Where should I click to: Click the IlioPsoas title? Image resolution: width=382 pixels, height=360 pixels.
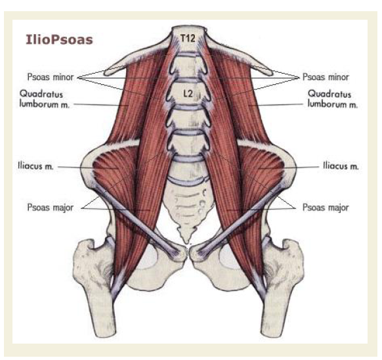click(x=59, y=39)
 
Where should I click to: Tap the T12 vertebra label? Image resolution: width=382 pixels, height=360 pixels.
click(x=188, y=38)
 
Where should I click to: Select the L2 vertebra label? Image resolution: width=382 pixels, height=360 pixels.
click(x=188, y=93)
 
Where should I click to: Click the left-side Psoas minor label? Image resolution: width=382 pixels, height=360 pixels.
click(x=50, y=77)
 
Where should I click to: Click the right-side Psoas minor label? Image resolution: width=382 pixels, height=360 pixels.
click(x=326, y=77)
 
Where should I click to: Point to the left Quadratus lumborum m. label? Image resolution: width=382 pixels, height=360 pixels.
click(x=45, y=99)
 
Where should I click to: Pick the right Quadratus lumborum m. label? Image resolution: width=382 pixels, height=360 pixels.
click(x=332, y=99)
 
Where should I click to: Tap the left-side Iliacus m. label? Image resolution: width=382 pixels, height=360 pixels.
click(x=35, y=166)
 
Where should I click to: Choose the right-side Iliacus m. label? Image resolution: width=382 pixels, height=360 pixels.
click(x=341, y=166)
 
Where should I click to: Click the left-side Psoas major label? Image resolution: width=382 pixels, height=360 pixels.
click(x=50, y=208)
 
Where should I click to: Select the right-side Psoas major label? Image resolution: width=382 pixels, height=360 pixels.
click(x=326, y=208)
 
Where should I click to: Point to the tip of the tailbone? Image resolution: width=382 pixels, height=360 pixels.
click(x=187, y=242)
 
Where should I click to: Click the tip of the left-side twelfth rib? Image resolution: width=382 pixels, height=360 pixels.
click(x=106, y=72)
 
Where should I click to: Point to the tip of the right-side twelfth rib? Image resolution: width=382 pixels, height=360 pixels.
click(x=270, y=72)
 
